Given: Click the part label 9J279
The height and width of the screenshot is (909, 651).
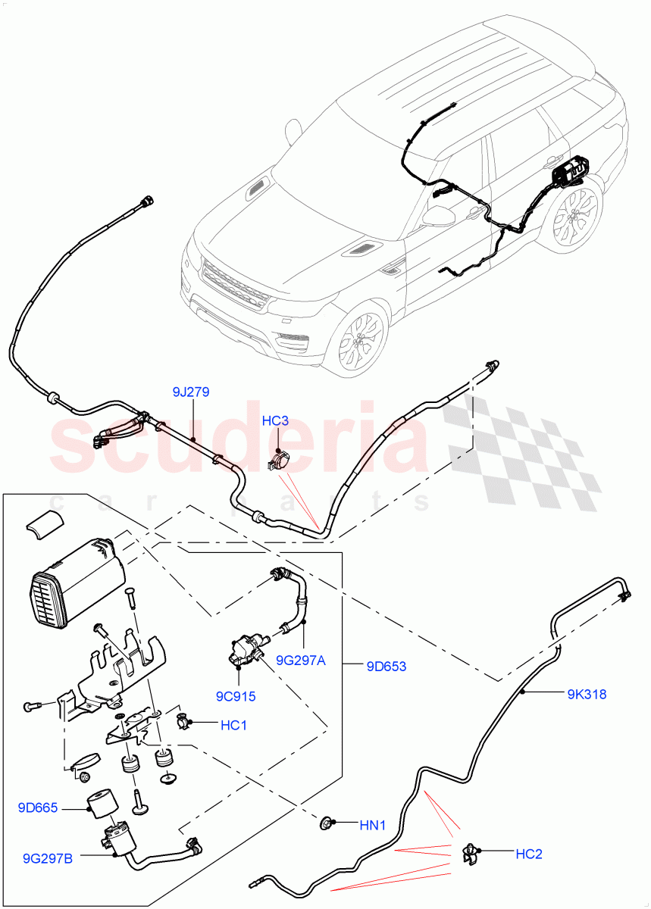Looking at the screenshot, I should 190,392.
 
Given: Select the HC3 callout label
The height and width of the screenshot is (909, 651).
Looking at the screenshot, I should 276,420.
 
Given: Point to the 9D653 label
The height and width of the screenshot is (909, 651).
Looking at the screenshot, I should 386,667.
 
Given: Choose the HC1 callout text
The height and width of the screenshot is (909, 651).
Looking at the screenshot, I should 233,726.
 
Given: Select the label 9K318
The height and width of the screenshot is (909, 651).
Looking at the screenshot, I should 587,693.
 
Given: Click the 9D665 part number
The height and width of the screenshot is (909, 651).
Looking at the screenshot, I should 38,809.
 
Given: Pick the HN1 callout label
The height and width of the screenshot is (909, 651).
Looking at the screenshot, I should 372,825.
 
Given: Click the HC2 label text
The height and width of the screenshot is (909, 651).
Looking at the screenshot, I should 529,854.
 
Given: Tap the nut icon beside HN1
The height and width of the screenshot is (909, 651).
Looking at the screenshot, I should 327,822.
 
